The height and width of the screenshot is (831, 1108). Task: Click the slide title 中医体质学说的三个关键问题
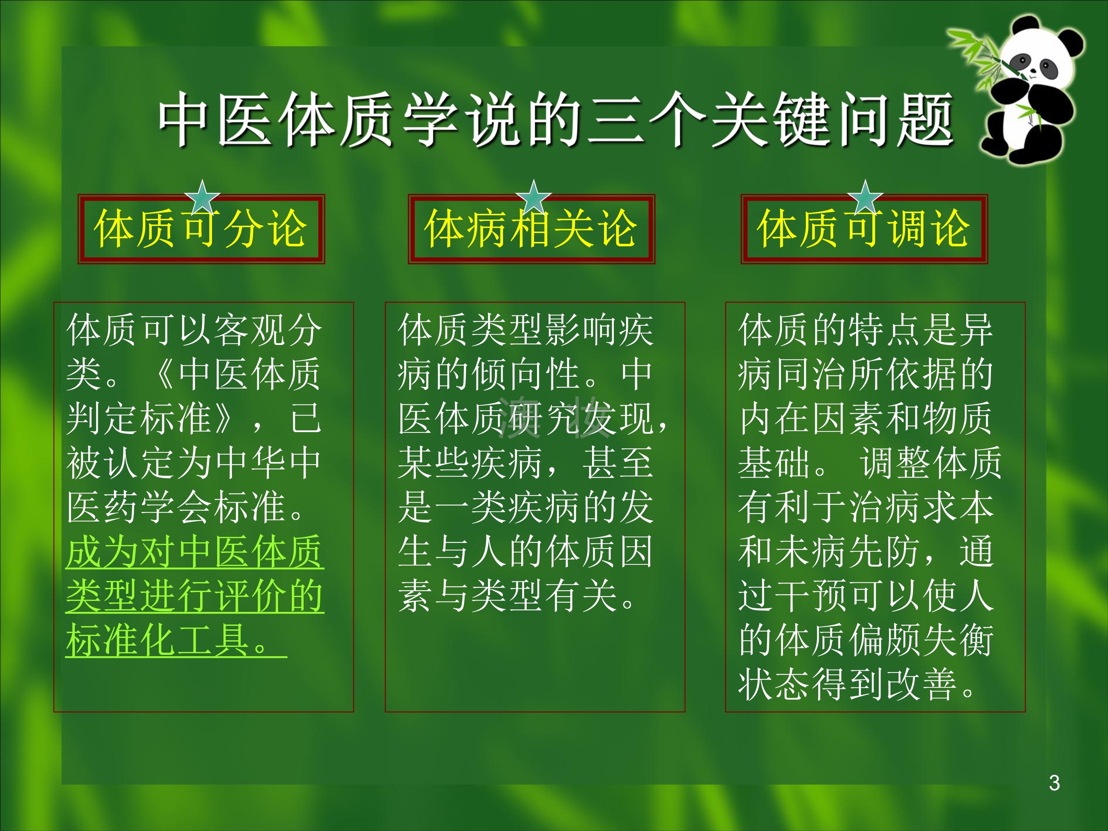(556, 120)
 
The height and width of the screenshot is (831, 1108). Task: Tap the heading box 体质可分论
(201, 229)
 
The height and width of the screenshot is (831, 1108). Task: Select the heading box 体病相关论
(531, 229)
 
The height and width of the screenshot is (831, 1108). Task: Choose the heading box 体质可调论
(864, 229)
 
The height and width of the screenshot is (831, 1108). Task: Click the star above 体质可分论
(202, 197)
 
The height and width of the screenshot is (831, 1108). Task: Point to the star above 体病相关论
(533, 197)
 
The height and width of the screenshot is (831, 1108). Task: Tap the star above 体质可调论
(865, 197)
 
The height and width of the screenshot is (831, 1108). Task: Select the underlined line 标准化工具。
(176, 640)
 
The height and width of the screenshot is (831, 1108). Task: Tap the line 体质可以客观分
(194, 330)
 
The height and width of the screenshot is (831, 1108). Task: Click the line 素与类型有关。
(519, 596)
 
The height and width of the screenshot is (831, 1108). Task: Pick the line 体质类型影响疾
(526, 330)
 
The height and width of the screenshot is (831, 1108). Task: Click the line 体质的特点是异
(866, 330)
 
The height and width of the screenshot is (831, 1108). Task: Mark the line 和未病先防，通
(866, 551)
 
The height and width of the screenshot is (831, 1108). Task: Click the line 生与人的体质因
(526, 551)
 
